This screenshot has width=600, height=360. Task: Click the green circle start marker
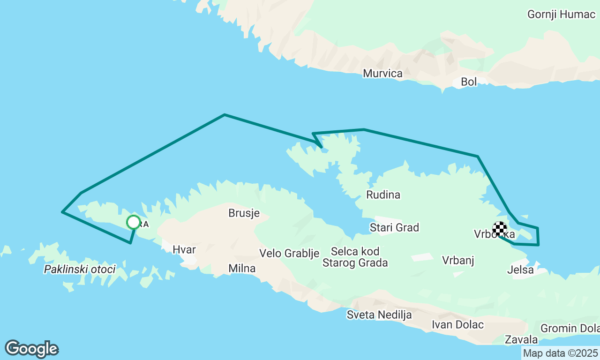[134, 222]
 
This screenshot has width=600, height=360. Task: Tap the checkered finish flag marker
[500, 229]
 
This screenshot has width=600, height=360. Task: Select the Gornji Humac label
[561, 14]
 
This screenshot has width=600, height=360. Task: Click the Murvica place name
[382, 74]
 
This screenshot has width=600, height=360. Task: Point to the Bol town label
[469, 82]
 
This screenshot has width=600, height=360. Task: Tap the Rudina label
[383, 195]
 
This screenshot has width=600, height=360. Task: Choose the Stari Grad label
[394, 228]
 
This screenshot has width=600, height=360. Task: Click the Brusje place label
[244, 213]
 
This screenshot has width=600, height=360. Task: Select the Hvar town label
[184, 249]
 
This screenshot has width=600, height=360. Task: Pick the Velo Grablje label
[289, 254]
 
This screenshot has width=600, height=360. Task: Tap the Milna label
[242, 269]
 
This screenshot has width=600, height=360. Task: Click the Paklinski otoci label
[79, 270]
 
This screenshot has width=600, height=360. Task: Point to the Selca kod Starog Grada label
[355, 257]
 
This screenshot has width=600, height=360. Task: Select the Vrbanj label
[458, 260]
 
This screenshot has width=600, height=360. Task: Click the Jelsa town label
[520, 270]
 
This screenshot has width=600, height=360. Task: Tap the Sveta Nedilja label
[379, 315]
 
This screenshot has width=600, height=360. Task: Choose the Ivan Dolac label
[457, 324]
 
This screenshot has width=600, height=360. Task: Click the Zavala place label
[521, 339]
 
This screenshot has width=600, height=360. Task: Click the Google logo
[31, 349]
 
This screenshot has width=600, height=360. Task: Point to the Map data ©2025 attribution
[560, 353]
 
